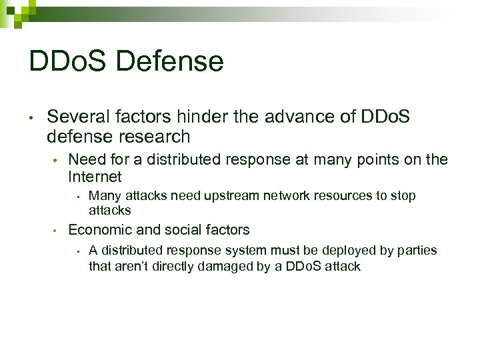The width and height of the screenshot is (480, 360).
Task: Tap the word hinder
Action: pyautogui.click(x=203, y=117)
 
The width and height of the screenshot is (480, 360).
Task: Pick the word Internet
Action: pyautogui.click(x=95, y=177)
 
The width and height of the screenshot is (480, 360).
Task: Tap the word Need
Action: pyautogui.click(x=85, y=159)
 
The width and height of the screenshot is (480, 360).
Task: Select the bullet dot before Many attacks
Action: pyautogui.click(x=78, y=197)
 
